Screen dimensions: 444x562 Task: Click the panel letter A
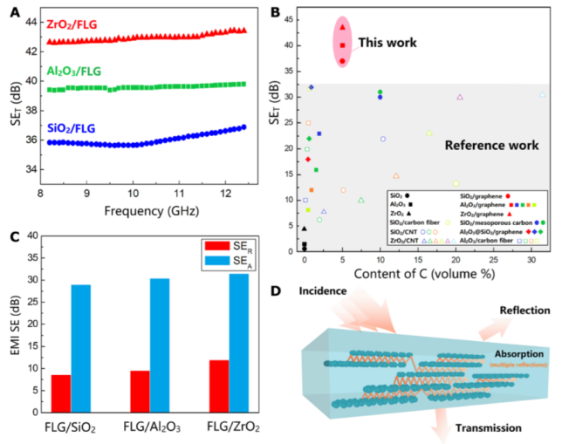12,11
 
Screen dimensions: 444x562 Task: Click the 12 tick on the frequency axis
224,192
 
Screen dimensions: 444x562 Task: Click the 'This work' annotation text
386,43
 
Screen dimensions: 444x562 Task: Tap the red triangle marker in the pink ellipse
343,27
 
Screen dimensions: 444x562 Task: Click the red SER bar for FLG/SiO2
60,393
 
